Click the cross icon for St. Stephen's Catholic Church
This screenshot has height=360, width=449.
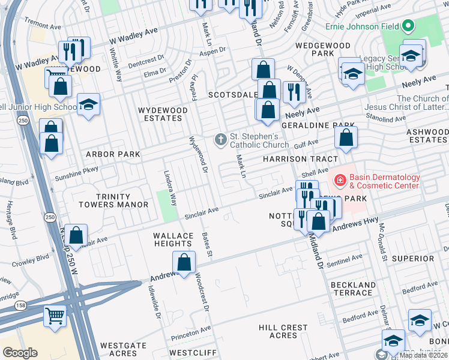[x=221, y=140]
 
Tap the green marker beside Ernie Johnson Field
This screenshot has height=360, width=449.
[x=408, y=26]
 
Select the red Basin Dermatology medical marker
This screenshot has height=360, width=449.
[x=339, y=179]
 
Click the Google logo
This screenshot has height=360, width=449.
[x=20, y=353]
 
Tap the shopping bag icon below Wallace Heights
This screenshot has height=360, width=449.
[x=184, y=262]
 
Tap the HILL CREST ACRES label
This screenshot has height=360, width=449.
[x=283, y=331]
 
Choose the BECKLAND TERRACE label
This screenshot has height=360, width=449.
[x=352, y=289]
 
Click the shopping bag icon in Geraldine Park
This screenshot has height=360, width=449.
[x=346, y=137]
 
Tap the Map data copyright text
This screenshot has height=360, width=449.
[x=423, y=355]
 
